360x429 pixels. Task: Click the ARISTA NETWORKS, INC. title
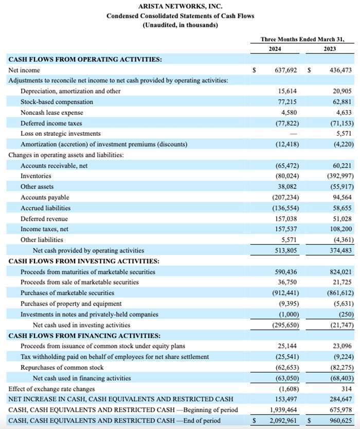[180, 6]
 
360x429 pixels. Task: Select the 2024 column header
[277, 49]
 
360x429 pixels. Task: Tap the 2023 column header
[330, 49]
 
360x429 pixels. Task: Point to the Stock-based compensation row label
[57, 102]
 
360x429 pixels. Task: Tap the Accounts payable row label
[45, 198]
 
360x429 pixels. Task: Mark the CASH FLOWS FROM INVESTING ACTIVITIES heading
[84, 261]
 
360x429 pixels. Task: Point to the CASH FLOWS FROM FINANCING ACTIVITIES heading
[84, 335]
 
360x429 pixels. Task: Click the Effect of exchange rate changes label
[51, 389]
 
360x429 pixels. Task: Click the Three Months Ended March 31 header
[303, 39]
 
